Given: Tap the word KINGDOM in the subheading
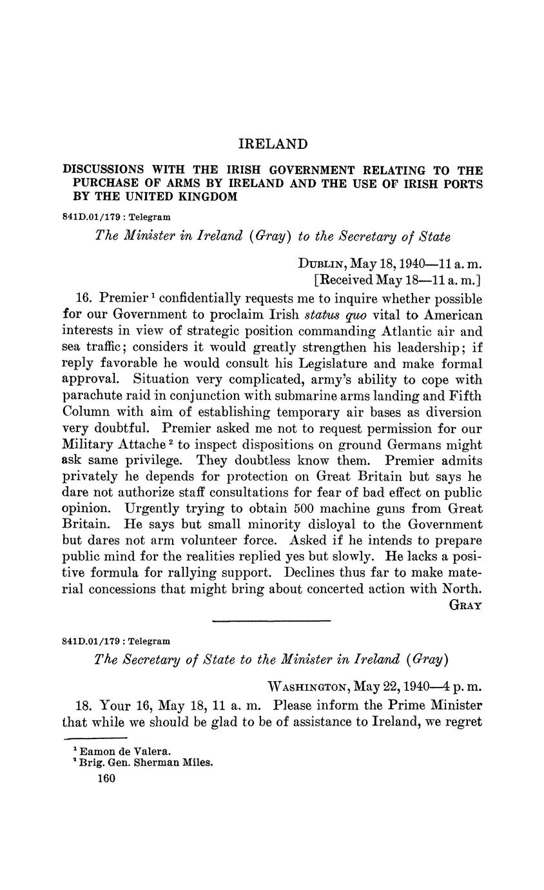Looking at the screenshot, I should click(x=208, y=197).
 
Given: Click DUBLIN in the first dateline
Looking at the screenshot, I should click(x=322, y=264).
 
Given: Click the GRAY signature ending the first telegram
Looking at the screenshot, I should click(x=464, y=606).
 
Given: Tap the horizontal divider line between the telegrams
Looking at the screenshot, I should click(x=271, y=621).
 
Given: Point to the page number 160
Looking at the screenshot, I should click(x=106, y=779).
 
